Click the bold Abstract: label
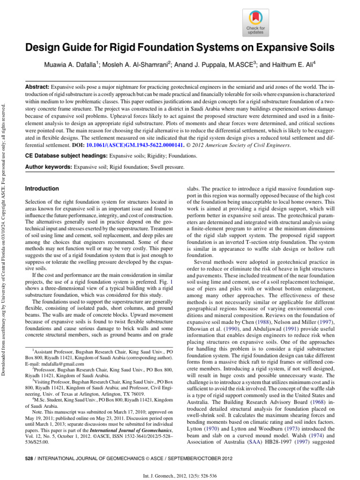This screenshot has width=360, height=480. (x=37, y=87)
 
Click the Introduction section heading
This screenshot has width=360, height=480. (x=42, y=188)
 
